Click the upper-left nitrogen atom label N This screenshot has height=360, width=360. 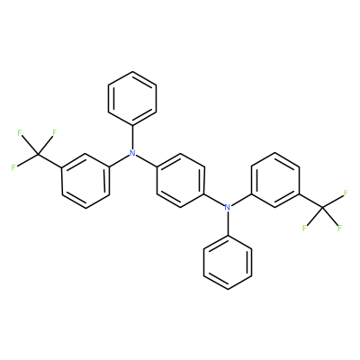132,153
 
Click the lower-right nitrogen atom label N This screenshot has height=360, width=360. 228,207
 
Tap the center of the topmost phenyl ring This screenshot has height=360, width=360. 132,98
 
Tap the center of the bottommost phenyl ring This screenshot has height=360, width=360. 228,262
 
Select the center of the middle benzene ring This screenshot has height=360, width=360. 180,180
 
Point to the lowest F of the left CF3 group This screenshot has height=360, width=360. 13,167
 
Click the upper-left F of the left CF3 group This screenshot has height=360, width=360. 20,133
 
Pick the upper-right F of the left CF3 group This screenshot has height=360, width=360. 55,132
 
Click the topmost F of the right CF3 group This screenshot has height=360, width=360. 346,193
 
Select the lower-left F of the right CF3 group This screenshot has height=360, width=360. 304,228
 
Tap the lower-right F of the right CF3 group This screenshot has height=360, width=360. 339,228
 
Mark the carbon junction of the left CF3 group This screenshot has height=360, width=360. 38,154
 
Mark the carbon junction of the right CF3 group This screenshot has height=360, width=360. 322,207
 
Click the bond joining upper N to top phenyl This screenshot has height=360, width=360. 132,137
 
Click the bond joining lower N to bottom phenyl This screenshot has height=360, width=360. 228,223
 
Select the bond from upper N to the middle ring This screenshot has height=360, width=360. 146,161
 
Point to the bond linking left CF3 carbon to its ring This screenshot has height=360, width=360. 49,161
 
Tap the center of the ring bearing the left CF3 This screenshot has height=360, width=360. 85,181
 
